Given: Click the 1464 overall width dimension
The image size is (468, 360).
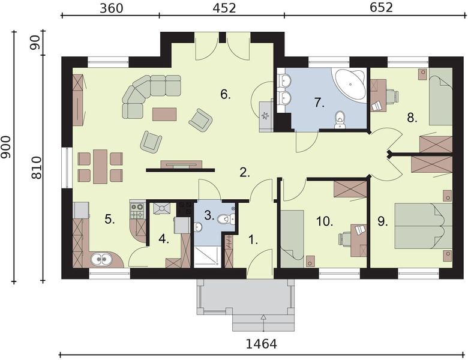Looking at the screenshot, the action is click(x=261, y=344).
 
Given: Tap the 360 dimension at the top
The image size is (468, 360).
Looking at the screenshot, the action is click(x=112, y=8).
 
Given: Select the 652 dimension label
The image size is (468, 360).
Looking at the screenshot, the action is click(x=382, y=8).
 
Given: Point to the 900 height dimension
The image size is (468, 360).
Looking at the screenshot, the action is click(x=6, y=148).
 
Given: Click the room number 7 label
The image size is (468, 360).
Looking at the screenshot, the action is click(x=319, y=103).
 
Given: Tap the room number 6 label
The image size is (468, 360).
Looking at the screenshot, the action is click(x=226, y=95).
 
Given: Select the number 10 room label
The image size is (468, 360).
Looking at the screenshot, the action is click(x=325, y=222).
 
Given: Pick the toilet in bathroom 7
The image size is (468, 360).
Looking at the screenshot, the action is click(x=340, y=120).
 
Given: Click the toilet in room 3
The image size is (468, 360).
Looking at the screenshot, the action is click(x=226, y=220).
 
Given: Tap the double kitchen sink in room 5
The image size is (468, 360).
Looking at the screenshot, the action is click(x=101, y=259).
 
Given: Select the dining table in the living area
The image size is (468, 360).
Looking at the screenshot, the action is click(x=100, y=167).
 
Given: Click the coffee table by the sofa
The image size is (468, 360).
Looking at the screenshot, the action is click(x=164, y=115).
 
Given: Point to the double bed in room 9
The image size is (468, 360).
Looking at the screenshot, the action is click(x=423, y=226).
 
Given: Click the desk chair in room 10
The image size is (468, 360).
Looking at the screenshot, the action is click(x=345, y=239).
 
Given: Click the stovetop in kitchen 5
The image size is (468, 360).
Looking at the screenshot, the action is click(x=137, y=211).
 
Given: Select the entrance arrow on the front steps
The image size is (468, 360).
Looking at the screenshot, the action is click(x=263, y=323).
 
